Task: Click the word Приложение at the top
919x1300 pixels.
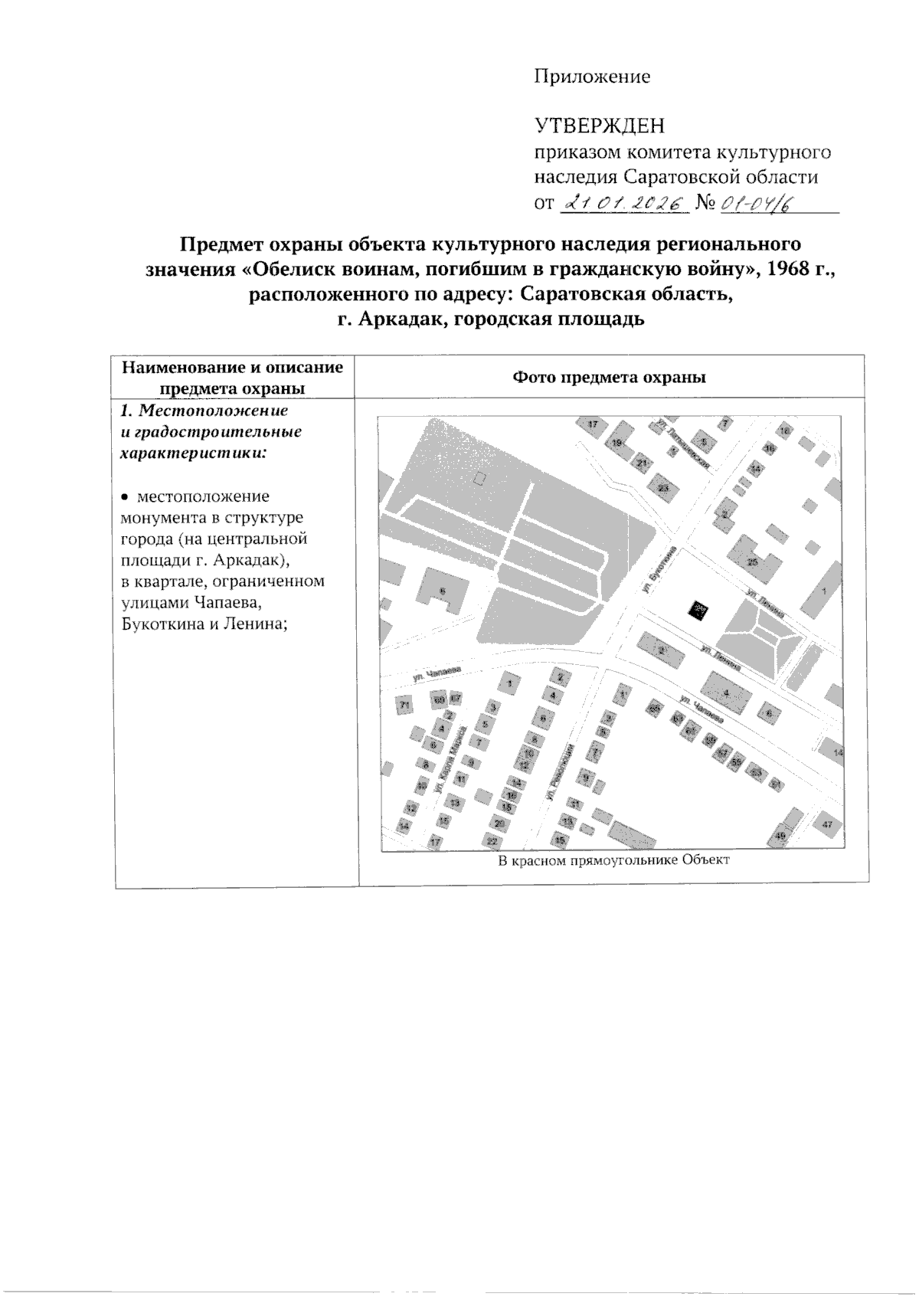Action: pyautogui.click(x=591, y=77)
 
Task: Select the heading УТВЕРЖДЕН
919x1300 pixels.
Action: pyautogui.click(x=599, y=126)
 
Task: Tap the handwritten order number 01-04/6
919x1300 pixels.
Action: pyautogui.click(x=755, y=203)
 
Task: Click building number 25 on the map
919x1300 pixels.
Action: pyautogui.click(x=752, y=562)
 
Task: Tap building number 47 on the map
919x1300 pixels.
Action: pyautogui.click(x=826, y=825)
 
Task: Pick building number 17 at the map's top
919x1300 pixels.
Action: pyautogui.click(x=592, y=424)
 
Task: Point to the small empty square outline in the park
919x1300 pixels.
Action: pyautogui.click(x=479, y=479)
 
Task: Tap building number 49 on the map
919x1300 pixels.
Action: pyautogui.click(x=781, y=835)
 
